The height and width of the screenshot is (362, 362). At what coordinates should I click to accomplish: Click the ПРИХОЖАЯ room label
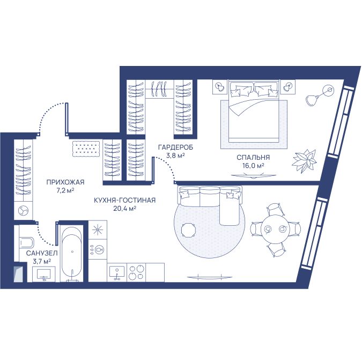pyautogui.click(x=65, y=182)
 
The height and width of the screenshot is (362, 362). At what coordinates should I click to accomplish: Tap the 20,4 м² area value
pyautogui.click(x=124, y=209)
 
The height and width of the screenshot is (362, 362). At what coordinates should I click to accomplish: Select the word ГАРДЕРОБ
pyautogui.click(x=175, y=147)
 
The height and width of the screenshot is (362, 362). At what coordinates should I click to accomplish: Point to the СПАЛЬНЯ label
pyautogui.click(x=253, y=158)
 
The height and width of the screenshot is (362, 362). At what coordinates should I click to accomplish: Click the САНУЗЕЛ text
pyautogui.click(x=42, y=253)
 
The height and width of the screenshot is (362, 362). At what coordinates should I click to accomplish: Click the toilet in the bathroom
pyautogui.click(x=26, y=242)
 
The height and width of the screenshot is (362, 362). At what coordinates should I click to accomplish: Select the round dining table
pyautogui.click(x=275, y=229)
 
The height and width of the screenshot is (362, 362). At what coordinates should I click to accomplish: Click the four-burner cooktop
pyautogui.click(x=137, y=272)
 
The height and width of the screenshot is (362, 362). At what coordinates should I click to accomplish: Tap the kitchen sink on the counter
pyautogui.click(x=117, y=273)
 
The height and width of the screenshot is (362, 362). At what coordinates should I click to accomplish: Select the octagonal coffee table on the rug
pyautogui.click(x=189, y=230)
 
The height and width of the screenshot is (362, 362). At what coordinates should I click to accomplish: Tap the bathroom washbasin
pyautogui.click(x=44, y=274)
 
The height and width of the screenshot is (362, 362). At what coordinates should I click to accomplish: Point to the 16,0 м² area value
pyautogui.click(x=253, y=166)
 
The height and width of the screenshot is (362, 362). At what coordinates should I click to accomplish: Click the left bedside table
pyautogui.click(x=220, y=87)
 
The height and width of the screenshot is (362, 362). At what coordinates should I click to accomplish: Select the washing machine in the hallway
pyautogui.click(x=24, y=211)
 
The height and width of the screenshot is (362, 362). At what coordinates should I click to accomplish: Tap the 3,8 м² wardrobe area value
pyautogui.click(x=175, y=155)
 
